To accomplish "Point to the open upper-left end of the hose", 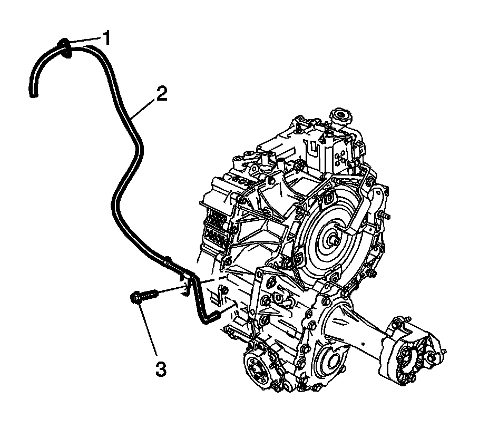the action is (33, 94).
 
